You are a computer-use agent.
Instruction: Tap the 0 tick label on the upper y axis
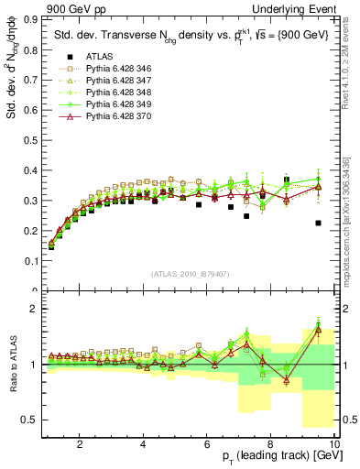35,290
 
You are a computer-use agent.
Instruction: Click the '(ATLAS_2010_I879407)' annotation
190,272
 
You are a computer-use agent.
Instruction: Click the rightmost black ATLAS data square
318,223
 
